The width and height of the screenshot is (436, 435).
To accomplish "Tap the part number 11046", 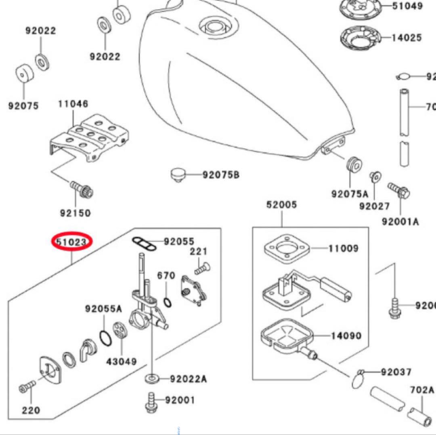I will (73, 104).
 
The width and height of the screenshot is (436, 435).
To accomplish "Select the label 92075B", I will (221, 175).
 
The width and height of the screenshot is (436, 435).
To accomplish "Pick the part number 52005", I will (281, 205).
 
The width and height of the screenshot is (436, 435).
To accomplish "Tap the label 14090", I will (346, 336).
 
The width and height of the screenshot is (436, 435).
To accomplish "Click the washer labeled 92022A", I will (152, 379).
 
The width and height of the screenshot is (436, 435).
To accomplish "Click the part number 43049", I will (121, 361).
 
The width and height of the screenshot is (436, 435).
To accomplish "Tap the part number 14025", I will (407, 38).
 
